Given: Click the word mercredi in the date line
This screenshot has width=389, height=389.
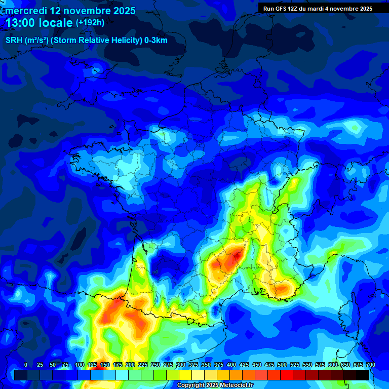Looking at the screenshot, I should (x=26, y=11).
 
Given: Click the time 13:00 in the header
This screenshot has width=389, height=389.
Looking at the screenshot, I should (x=23, y=23).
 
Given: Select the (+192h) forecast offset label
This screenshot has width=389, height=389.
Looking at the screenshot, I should (x=90, y=22).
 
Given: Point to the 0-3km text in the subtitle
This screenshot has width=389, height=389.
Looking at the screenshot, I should (x=156, y=41).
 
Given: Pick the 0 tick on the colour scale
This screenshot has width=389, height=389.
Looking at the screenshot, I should (x=26, y=365).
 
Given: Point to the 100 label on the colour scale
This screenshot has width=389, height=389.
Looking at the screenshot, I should (x=80, y=365).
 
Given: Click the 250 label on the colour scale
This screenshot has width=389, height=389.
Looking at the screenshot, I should (x=155, y=365).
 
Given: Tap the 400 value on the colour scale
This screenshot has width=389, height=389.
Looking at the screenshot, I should (x=231, y=365).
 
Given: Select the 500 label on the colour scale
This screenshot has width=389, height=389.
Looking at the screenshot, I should (x=282, y=365).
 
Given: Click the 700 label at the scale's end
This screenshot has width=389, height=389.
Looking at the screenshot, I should (x=371, y=365).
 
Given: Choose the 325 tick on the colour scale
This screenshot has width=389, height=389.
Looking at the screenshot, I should (x=193, y=365).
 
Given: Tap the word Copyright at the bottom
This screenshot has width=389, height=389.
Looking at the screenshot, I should (x=190, y=385).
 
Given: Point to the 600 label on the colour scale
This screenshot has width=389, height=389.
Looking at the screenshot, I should (x=333, y=365).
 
